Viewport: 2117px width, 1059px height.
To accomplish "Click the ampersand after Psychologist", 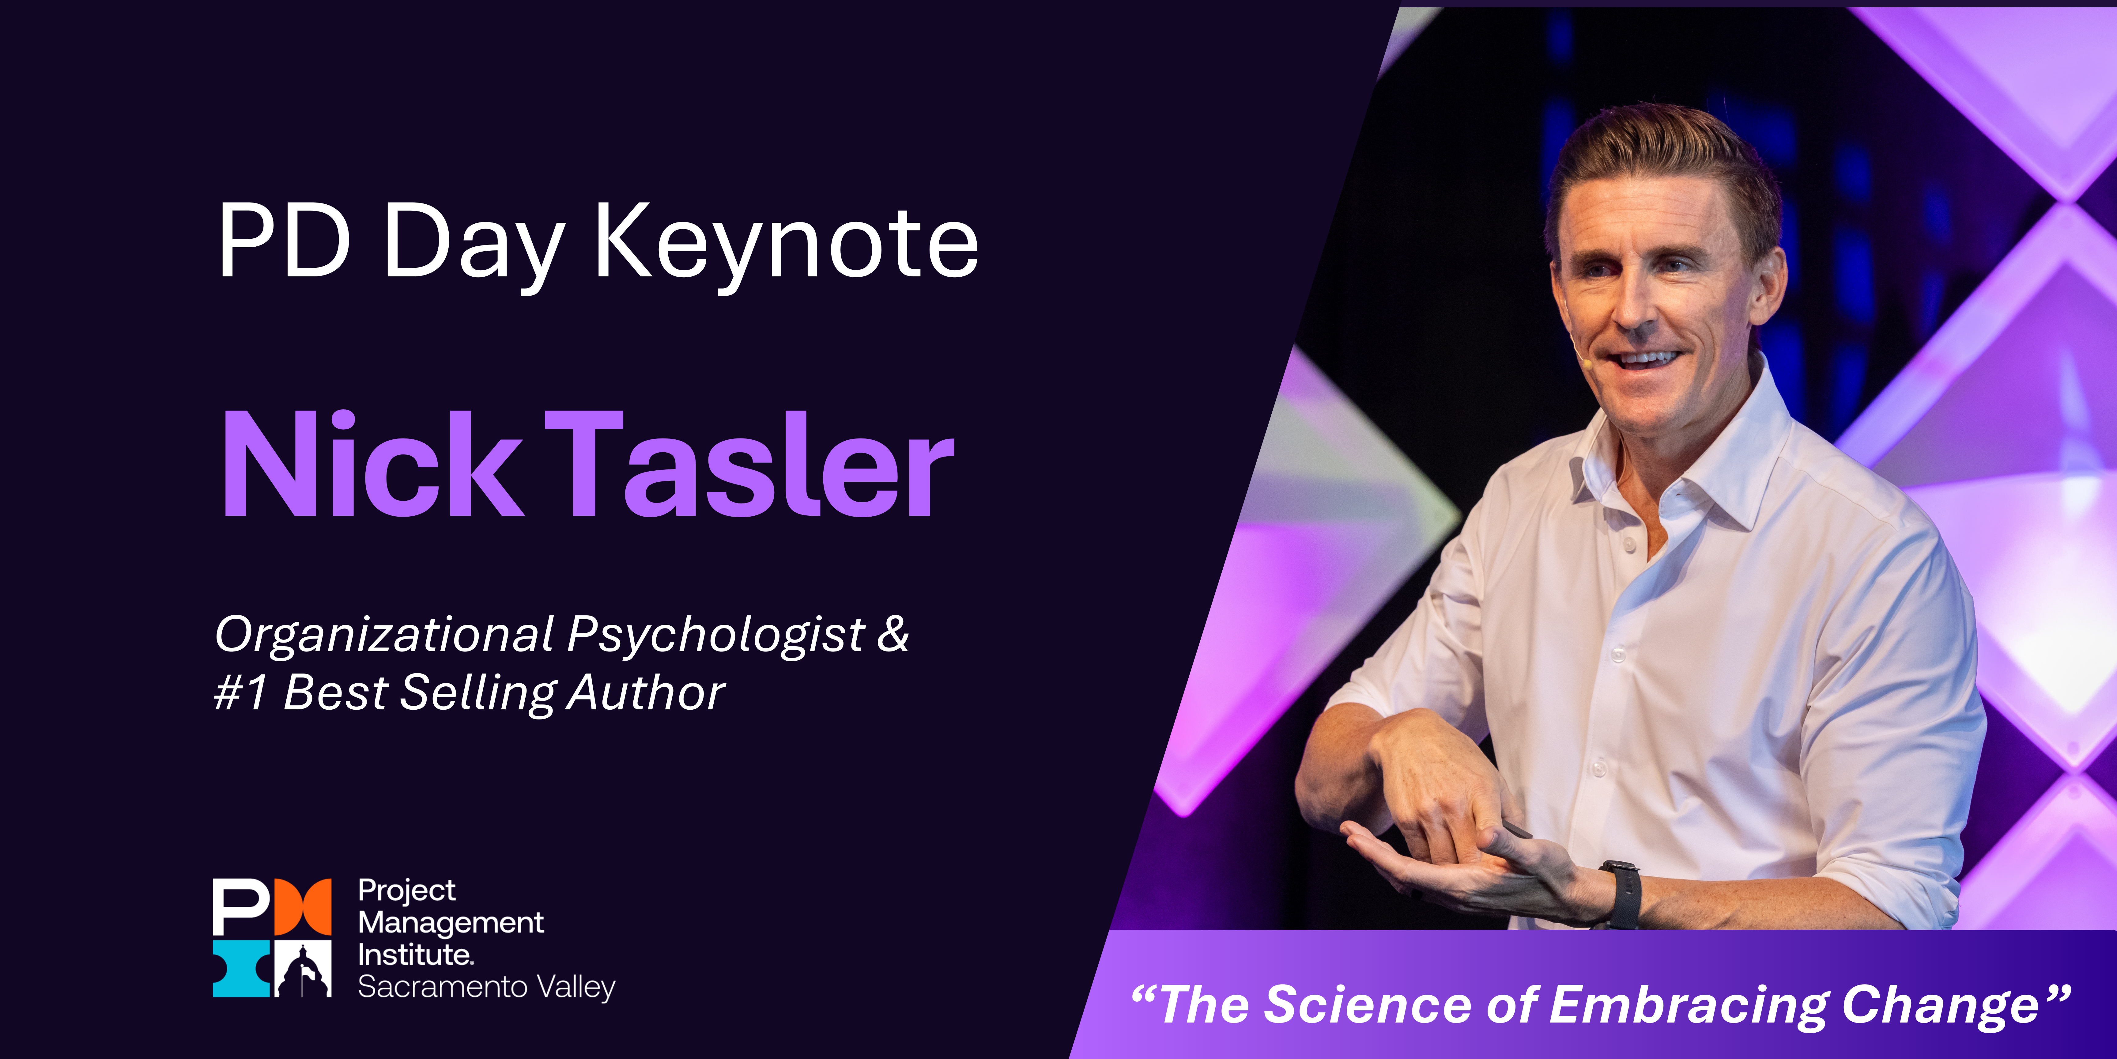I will (892, 635).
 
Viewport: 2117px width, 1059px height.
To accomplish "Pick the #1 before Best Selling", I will (240, 692).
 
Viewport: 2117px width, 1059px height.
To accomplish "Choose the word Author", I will (646, 692).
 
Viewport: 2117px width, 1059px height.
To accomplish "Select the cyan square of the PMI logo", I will (240, 969).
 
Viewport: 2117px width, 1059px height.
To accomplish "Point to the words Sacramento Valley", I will (486, 987).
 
